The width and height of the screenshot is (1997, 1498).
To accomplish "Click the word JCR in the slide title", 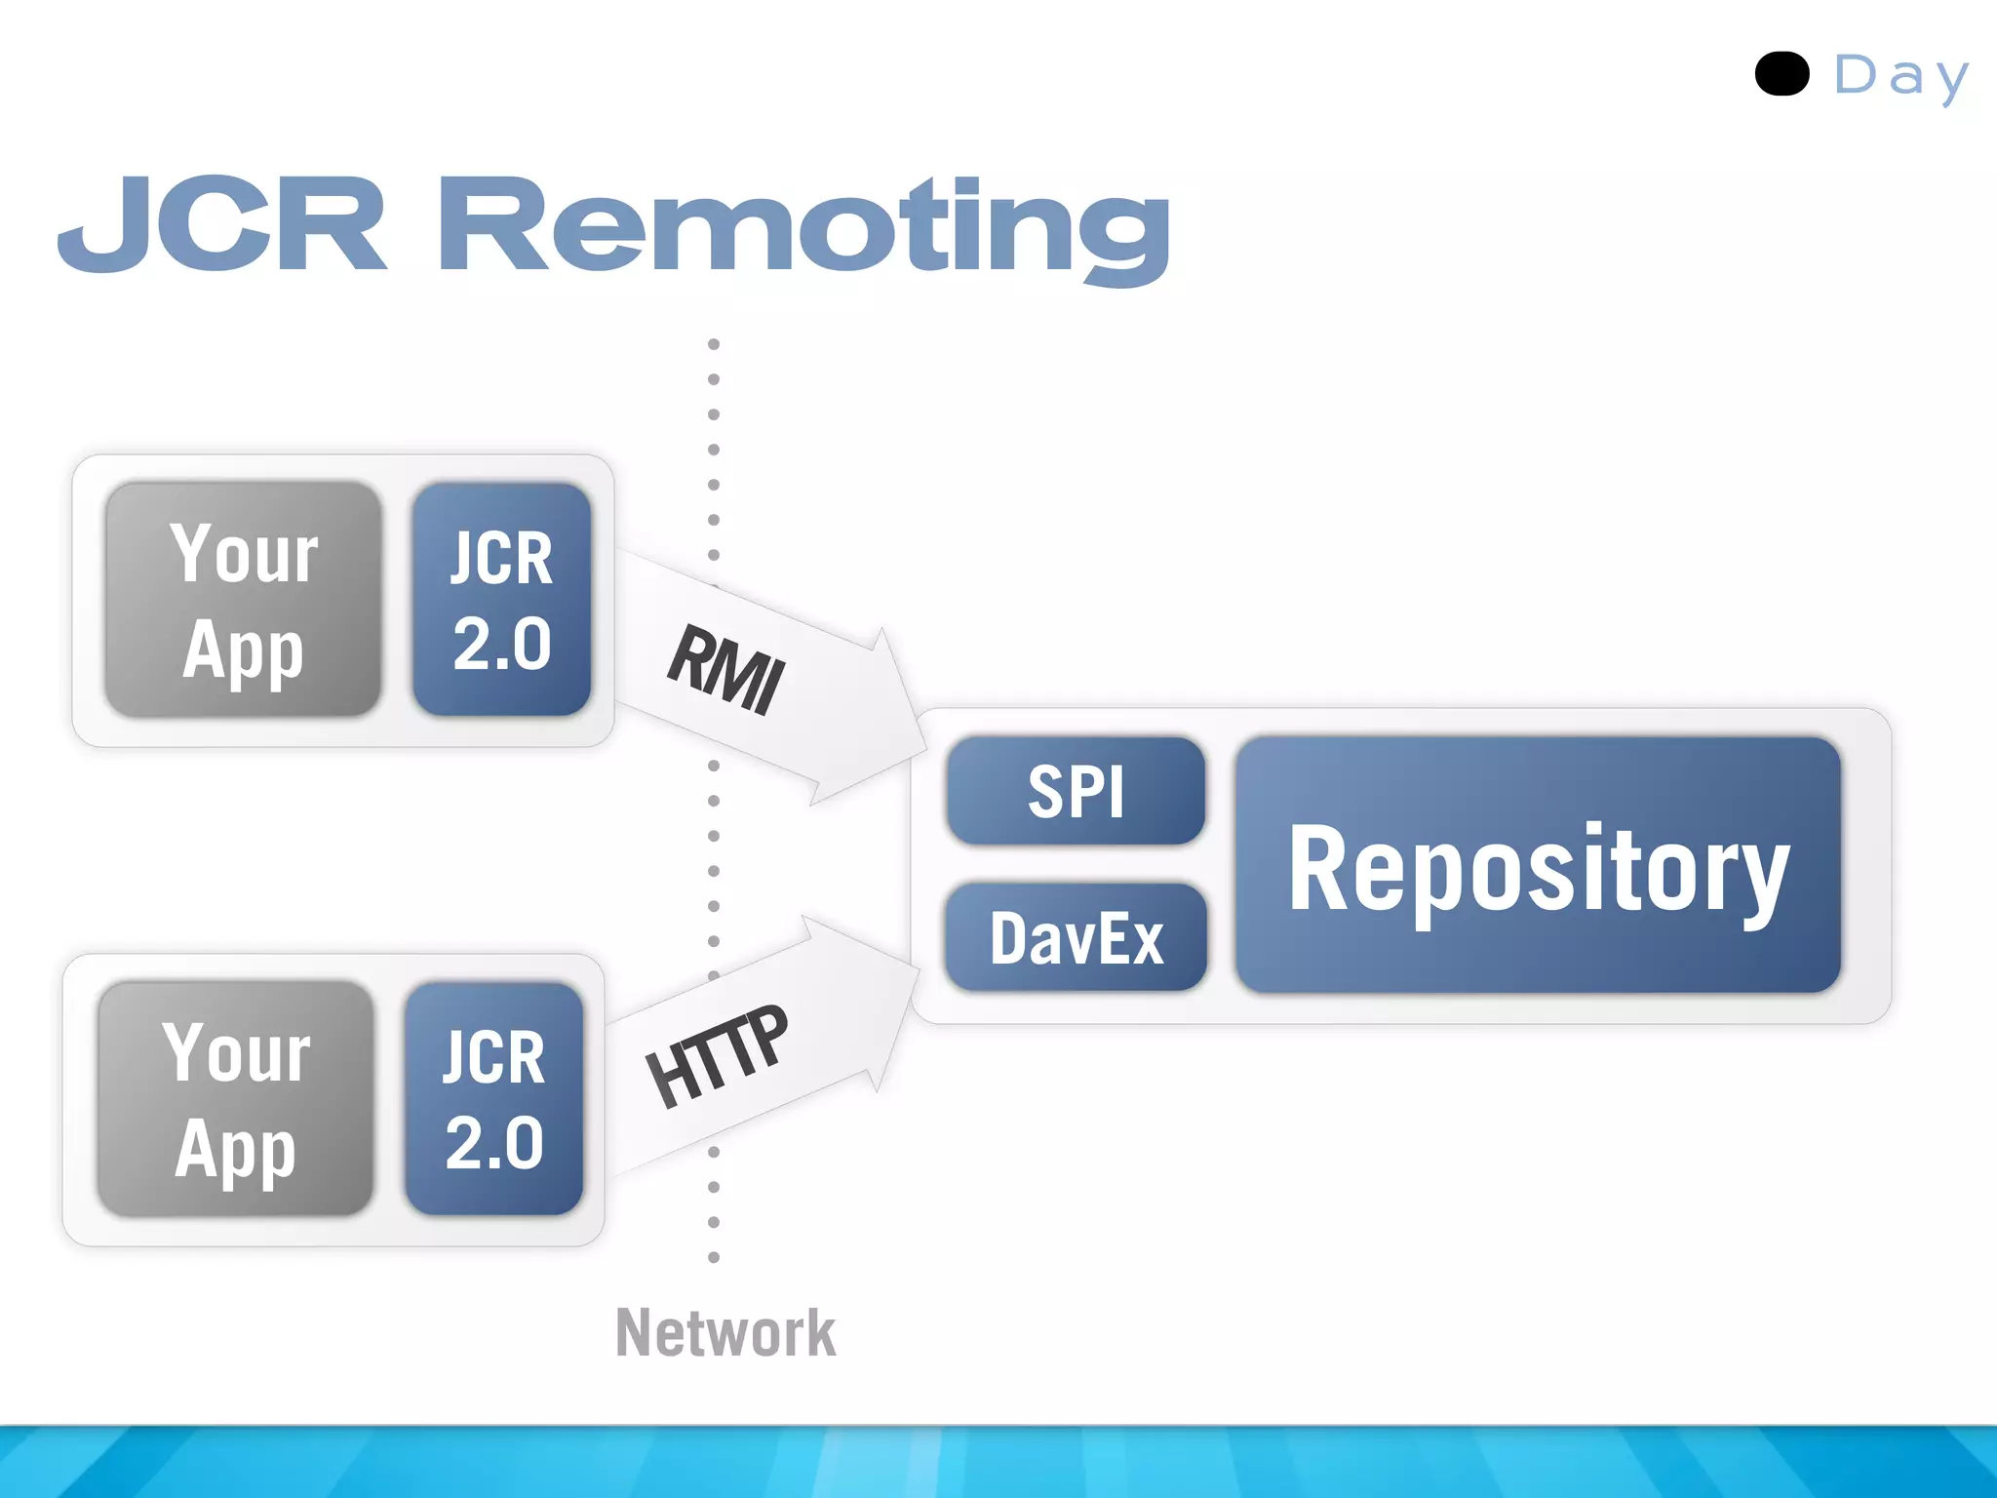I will point(222,224).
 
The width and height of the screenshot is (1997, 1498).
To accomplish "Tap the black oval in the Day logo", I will point(1782,74).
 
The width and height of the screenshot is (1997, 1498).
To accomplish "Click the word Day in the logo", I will point(1900,76).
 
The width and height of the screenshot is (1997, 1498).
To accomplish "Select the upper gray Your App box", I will point(243,600).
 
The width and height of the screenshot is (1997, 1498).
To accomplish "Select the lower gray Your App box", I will point(235,1099).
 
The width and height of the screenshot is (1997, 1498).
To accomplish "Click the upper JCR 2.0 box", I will point(501,600).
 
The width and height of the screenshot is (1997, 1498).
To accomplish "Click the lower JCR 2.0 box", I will point(493,1099).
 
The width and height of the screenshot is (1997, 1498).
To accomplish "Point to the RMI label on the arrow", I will point(725,669).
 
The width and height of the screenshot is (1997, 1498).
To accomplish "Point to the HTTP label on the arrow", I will point(717,1056).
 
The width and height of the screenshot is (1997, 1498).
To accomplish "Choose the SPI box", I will point(1076,791).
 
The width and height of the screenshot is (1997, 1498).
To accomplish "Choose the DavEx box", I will point(1076,937).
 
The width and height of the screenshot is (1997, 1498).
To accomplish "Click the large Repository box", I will point(1538,865).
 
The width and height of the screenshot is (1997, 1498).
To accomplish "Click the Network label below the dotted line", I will point(725,1332).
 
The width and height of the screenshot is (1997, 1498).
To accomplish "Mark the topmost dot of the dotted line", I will point(714,344).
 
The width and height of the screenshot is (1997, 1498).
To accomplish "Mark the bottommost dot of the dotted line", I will point(714,1257).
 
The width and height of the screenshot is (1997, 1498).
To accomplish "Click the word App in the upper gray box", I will point(243,650).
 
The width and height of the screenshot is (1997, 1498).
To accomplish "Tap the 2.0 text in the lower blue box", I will point(494,1143).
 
